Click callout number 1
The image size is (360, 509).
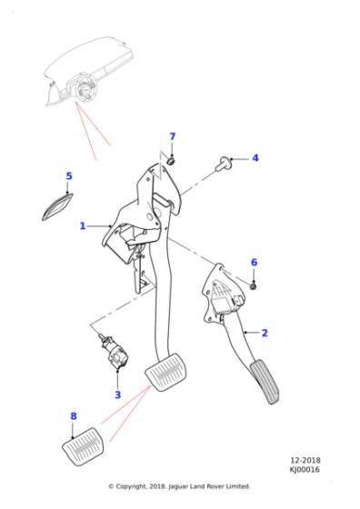tap(82, 225)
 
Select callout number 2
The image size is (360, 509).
tap(265, 334)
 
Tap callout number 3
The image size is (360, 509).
tap(117, 395)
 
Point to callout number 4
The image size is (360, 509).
tap(255, 158)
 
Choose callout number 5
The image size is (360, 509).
tap(68, 175)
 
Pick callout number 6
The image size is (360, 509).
tap(254, 263)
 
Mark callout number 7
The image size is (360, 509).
tap(172, 137)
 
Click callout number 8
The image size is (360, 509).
tap(74, 416)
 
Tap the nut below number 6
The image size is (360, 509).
tap(254, 285)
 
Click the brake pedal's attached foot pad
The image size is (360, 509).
tap(167, 374)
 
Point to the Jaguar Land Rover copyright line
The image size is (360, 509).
tap(179, 486)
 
